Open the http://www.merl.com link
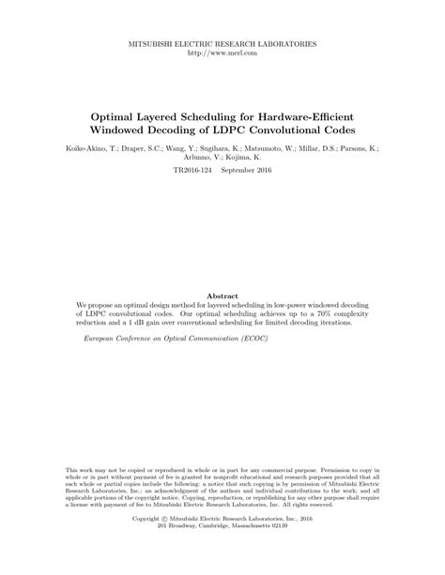tap(222, 53)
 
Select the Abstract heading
tap(222, 295)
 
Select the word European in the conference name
tap(103, 340)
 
